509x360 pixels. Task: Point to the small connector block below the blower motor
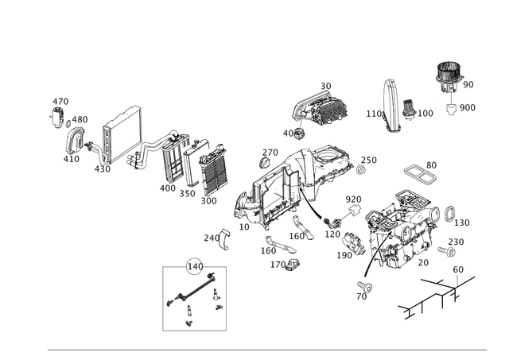[x=451, y=108]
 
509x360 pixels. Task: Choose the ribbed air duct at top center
[x=323, y=104]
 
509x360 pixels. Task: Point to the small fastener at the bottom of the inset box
[x=188, y=321]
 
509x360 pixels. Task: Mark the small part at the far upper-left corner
[x=58, y=103]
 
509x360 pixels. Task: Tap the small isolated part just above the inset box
[x=216, y=236]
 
